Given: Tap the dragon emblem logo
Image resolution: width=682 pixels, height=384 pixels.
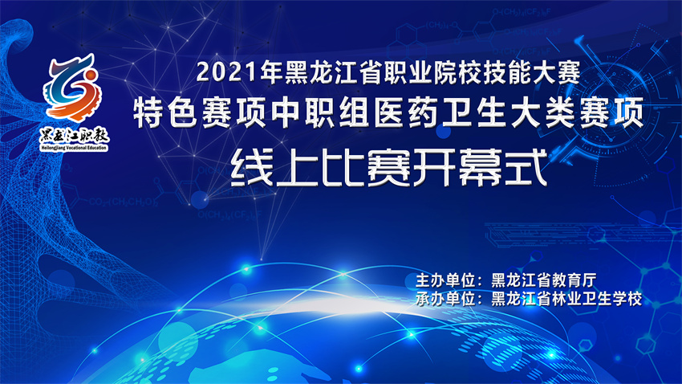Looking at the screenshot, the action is click(72, 87).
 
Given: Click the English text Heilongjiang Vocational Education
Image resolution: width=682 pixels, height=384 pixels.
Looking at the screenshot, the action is click(74, 148).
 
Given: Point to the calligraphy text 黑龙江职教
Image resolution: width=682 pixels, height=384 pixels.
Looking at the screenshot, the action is click(74, 136).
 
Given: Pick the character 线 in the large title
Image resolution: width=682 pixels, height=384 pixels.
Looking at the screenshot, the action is click(251, 168).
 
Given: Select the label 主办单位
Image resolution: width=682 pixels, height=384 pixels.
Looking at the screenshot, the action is click(445, 281).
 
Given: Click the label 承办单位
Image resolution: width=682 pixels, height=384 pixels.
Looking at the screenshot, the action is click(445, 299).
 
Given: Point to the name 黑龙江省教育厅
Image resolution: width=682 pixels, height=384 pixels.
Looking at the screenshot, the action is click(544, 281).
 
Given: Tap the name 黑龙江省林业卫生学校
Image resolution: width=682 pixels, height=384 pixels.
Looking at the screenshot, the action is click(566, 299).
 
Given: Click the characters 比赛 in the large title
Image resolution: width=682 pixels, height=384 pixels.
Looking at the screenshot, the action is click(366, 168).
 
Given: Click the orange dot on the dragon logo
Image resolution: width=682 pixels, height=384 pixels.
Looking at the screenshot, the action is click(91, 76).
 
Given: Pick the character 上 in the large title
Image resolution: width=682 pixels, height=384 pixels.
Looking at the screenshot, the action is click(297, 168).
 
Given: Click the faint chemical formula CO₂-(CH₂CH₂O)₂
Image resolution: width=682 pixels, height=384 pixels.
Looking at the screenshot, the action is click(123, 202).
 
